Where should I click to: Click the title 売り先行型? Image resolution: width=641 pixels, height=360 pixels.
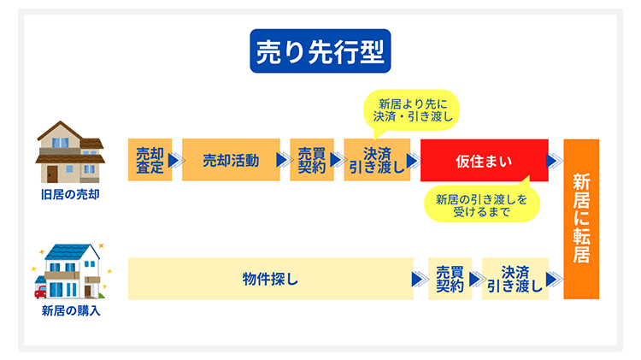(x=320, y=50)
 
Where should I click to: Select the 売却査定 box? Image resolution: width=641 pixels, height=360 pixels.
(x=150, y=159)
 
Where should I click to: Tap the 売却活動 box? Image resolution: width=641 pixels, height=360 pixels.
(x=230, y=159)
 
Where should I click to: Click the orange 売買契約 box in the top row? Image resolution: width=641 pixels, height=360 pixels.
(x=311, y=159)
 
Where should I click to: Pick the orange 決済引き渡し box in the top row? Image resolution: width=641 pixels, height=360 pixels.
(x=377, y=159)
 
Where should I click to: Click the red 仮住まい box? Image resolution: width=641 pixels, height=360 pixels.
(x=483, y=159)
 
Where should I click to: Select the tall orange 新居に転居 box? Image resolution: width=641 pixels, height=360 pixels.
(x=581, y=219)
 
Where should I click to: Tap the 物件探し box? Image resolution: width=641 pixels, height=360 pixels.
(x=270, y=279)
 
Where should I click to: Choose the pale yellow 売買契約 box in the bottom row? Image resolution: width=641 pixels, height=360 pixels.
(x=450, y=279)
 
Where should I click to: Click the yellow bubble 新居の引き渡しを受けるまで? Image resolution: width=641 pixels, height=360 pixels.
(x=481, y=205)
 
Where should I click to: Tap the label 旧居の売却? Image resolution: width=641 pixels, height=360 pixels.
(x=70, y=195)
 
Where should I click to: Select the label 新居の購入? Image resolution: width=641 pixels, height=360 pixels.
(x=70, y=310)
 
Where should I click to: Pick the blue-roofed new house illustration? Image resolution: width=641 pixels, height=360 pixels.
(x=74, y=269)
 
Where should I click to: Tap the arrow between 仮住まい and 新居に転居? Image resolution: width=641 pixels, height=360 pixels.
(x=555, y=160)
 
